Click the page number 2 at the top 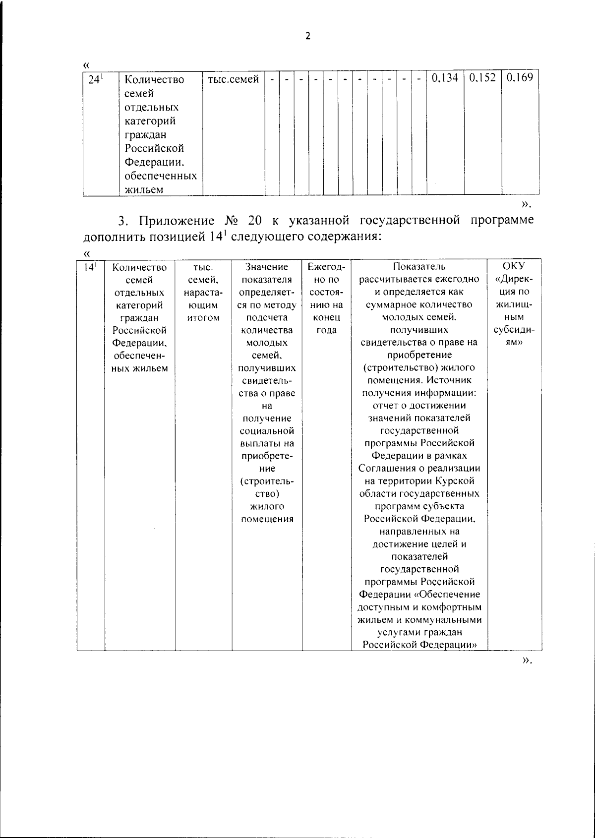[308, 36]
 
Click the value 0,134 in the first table [445, 78]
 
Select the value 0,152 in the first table [482, 78]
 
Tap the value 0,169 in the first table [520, 78]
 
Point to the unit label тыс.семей [234, 79]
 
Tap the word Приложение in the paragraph [177, 221]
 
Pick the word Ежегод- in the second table [326, 267]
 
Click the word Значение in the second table [267, 267]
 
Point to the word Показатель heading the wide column [419, 267]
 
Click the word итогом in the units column [203, 318]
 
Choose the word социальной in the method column [267, 431]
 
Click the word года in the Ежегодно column [326, 330]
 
